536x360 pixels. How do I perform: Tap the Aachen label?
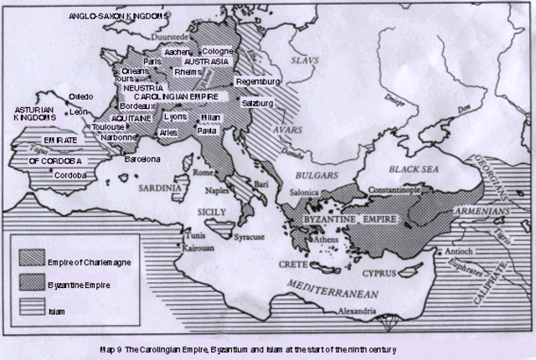(x=178, y=52)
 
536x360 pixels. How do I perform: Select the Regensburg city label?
(x=258, y=82)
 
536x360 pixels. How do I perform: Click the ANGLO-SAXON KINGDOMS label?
(x=123, y=15)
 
